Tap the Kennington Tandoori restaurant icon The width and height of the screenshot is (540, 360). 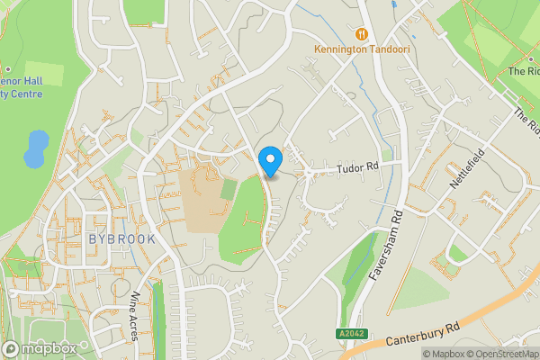[362, 33]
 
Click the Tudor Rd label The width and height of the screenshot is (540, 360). [357, 167]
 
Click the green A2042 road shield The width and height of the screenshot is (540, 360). [354, 334]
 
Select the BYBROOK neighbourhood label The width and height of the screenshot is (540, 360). [122, 238]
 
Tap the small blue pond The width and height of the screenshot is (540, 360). [34, 148]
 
